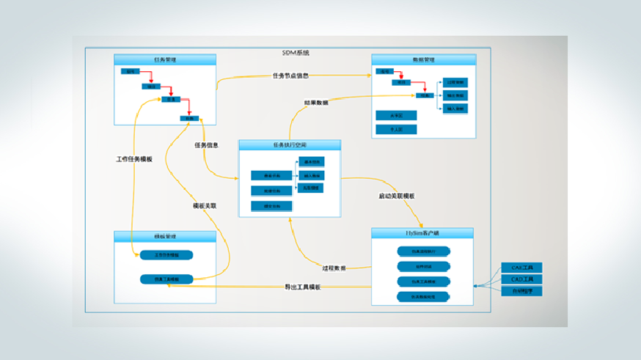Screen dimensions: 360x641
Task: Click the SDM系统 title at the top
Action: pyautogui.click(x=296, y=53)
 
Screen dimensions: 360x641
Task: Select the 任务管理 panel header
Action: pyautogui.click(x=165, y=59)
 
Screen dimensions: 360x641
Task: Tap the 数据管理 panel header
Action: pyautogui.click(x=422, y=59)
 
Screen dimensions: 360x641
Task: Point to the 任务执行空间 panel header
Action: pyautogui.click(x=290, y=145)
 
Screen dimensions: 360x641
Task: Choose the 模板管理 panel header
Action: pyautogui.click(x=165, y=236)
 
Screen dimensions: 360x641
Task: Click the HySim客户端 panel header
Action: pyautogui.click(x=422, y=232)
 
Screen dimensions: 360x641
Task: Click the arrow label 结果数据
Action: pyautogui.click(x=316, y=103)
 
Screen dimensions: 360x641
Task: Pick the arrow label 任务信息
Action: pyautogui.click(x=206, y=145)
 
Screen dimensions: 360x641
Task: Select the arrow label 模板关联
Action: pyautogui.click(x=204, y=206)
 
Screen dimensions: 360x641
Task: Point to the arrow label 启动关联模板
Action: pyautogui.click(x=397, y=196)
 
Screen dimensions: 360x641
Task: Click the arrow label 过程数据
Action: pyautogui.click(x=334, y=268)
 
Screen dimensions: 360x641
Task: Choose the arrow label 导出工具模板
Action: pyautogui.click(x=302, y=287)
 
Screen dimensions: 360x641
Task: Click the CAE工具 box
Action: pyautogui.click(x=521, y=268)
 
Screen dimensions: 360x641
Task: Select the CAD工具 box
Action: pyautogui.click(x=521, y=279)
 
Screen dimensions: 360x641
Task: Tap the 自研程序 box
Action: pyautogui.click(x=521, y=291)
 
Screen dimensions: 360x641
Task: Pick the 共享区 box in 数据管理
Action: pyautogui.click(x=395, y=115)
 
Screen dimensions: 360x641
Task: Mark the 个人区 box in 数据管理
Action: pyautogui.click(x=395, y=129)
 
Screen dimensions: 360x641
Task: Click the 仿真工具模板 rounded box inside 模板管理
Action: pyautogui.click(x=166, y=279)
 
